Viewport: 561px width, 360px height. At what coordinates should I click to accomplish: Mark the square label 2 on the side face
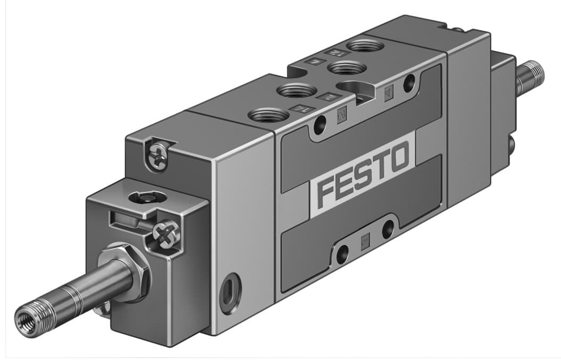coord(341,113)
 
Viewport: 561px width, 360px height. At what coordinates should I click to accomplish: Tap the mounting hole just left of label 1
coord(342,253)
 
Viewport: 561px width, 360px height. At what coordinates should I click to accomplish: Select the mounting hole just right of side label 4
coord(409,82)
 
